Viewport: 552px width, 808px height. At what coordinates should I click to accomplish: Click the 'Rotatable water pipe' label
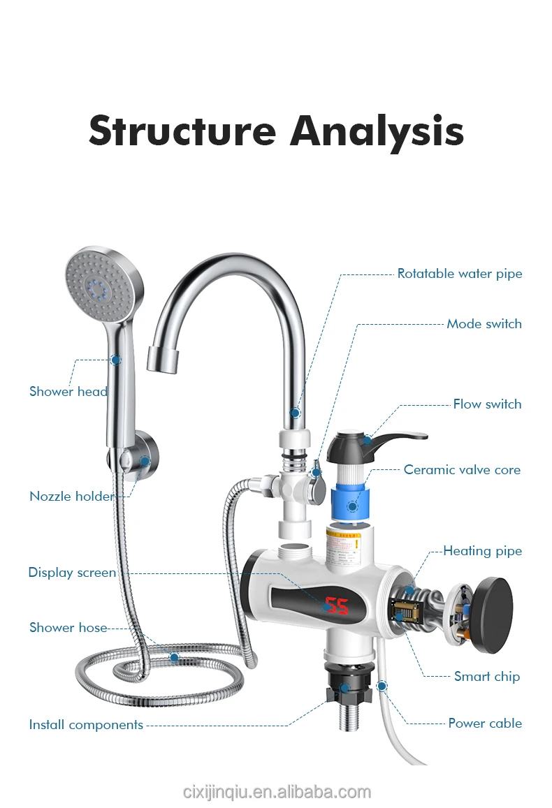click(459, 274)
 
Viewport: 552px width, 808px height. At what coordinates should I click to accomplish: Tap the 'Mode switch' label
click(484, 324)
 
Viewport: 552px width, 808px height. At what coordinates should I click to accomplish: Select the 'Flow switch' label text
click(487, 404)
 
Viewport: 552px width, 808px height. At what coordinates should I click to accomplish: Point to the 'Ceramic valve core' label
click(462, 470)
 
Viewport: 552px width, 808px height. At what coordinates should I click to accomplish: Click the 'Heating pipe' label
click(482, 551)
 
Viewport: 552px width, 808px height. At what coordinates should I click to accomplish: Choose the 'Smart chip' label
click(486, 676)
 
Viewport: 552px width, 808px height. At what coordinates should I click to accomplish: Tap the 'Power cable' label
click(484, 723)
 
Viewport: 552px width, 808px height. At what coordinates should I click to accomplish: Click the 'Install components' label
click(86, 725)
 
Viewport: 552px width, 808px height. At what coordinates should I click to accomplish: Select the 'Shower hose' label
click(68, 628)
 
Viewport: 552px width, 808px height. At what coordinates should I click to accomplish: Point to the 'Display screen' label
click(72, 573)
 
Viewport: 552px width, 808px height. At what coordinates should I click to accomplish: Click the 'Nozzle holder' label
click(71, 497)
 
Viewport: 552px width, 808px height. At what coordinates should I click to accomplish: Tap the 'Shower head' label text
click(68, 392)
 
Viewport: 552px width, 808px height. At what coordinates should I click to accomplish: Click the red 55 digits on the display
click(337, 605)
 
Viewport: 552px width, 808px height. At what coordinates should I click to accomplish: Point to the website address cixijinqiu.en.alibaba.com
click(276, 792)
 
